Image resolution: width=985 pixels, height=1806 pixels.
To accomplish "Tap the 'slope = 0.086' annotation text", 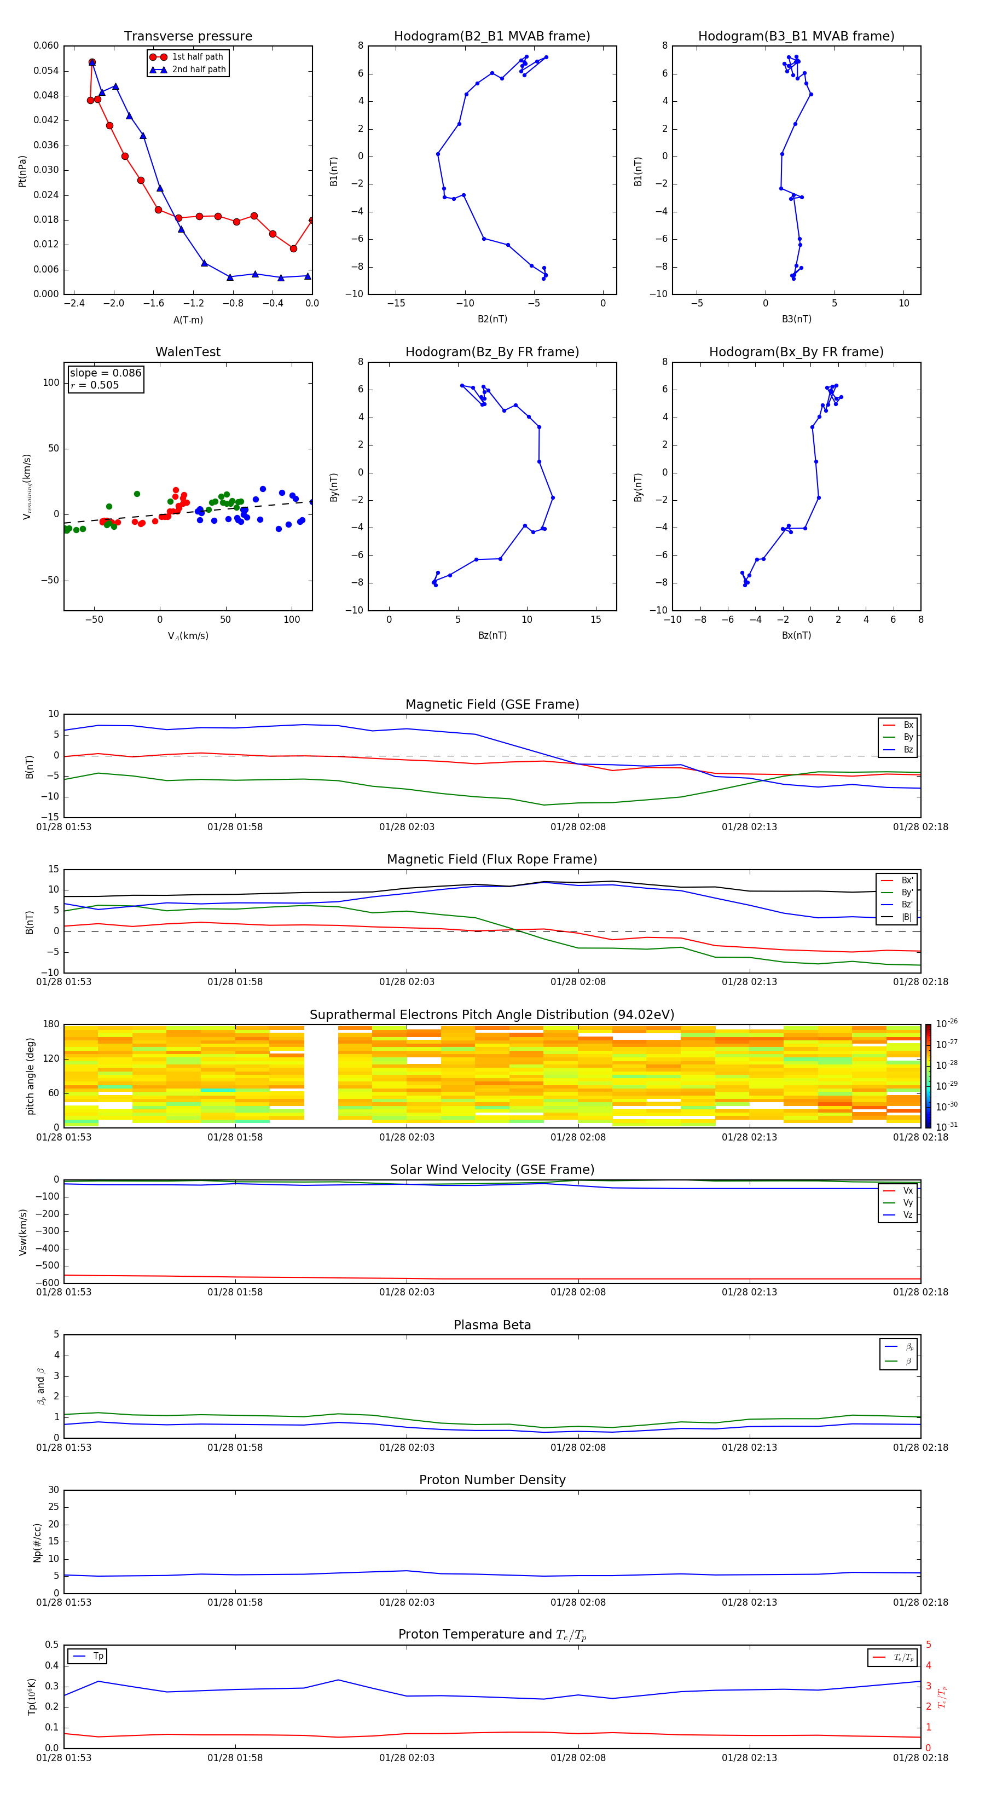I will pyautogui.click(x=105, y=373).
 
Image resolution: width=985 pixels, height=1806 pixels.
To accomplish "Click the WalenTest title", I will pyautogui.click(x=188, y=352).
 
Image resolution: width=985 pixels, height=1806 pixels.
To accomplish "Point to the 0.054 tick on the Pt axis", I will pyautogui.click(x=47, y=71).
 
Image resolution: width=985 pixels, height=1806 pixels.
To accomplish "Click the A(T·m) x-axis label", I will pyautogui.click(x=188, y=320).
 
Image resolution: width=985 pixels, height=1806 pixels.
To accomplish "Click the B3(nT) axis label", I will pyautogui.click(x=796, y=319).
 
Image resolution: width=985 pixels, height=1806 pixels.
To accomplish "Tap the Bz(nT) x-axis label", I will pyautogui.click(x=492, y=635).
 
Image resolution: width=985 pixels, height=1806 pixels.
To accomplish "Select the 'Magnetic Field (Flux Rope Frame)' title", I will pyautogui.click(x=491, y=860).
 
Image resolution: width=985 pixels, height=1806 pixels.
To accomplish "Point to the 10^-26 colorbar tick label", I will pyautogui.click(x=947, y=1023).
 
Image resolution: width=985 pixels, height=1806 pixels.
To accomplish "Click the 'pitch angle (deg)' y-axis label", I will pyautogui.click(x=30, y=1076).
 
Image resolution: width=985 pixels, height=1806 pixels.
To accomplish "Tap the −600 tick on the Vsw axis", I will pyautogui.click(x=47, y=1283).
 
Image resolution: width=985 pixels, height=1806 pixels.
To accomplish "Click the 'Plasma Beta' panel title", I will pyautogui.click(x=491, y=1325).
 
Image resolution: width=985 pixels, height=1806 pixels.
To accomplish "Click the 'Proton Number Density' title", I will pyautogui.click(x=491, y=1480).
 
